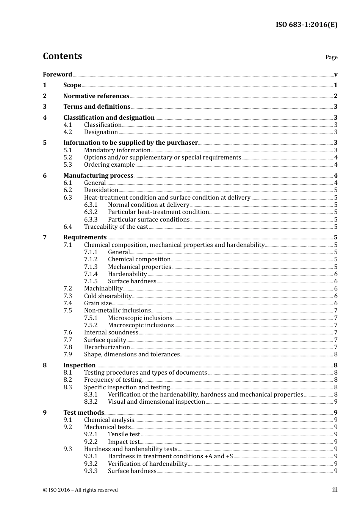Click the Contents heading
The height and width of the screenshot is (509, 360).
click(x=62, y=56)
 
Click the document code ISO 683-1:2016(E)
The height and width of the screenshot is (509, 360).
click(x=306, y=25)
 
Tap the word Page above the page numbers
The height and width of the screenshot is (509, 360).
click(x=331, y=57)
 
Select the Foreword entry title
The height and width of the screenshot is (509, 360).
click(x=57, y=75)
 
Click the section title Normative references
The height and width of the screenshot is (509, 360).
click(x=96, y=96)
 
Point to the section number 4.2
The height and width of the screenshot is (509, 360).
click(x=67, y=132)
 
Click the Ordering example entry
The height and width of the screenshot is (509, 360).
click(x=109, y=165)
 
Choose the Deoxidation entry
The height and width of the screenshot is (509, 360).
click(x=101, y=190)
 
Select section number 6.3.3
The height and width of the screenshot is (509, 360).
click(x=91, y=220)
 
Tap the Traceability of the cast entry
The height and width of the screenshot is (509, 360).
click(x=116, y=227)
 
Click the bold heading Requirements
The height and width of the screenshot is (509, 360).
click(x=85, y=237)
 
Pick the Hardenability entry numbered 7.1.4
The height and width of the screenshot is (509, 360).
click(x=127, y=274)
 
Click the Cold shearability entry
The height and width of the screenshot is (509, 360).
click(x=108, y=296)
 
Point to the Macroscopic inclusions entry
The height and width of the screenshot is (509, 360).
click(x=141, y=325)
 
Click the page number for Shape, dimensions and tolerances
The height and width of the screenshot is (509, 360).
click(x=336, y=354)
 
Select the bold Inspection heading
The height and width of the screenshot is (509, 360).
click(x=79, y=365)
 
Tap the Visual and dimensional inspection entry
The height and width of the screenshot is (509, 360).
click(x=156, y=402)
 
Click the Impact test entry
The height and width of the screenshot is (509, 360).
click(x=124, y=442)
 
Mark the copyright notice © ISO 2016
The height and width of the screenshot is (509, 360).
click(x=80, y=490)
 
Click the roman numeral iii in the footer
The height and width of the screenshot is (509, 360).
click(x=335, y=490)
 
